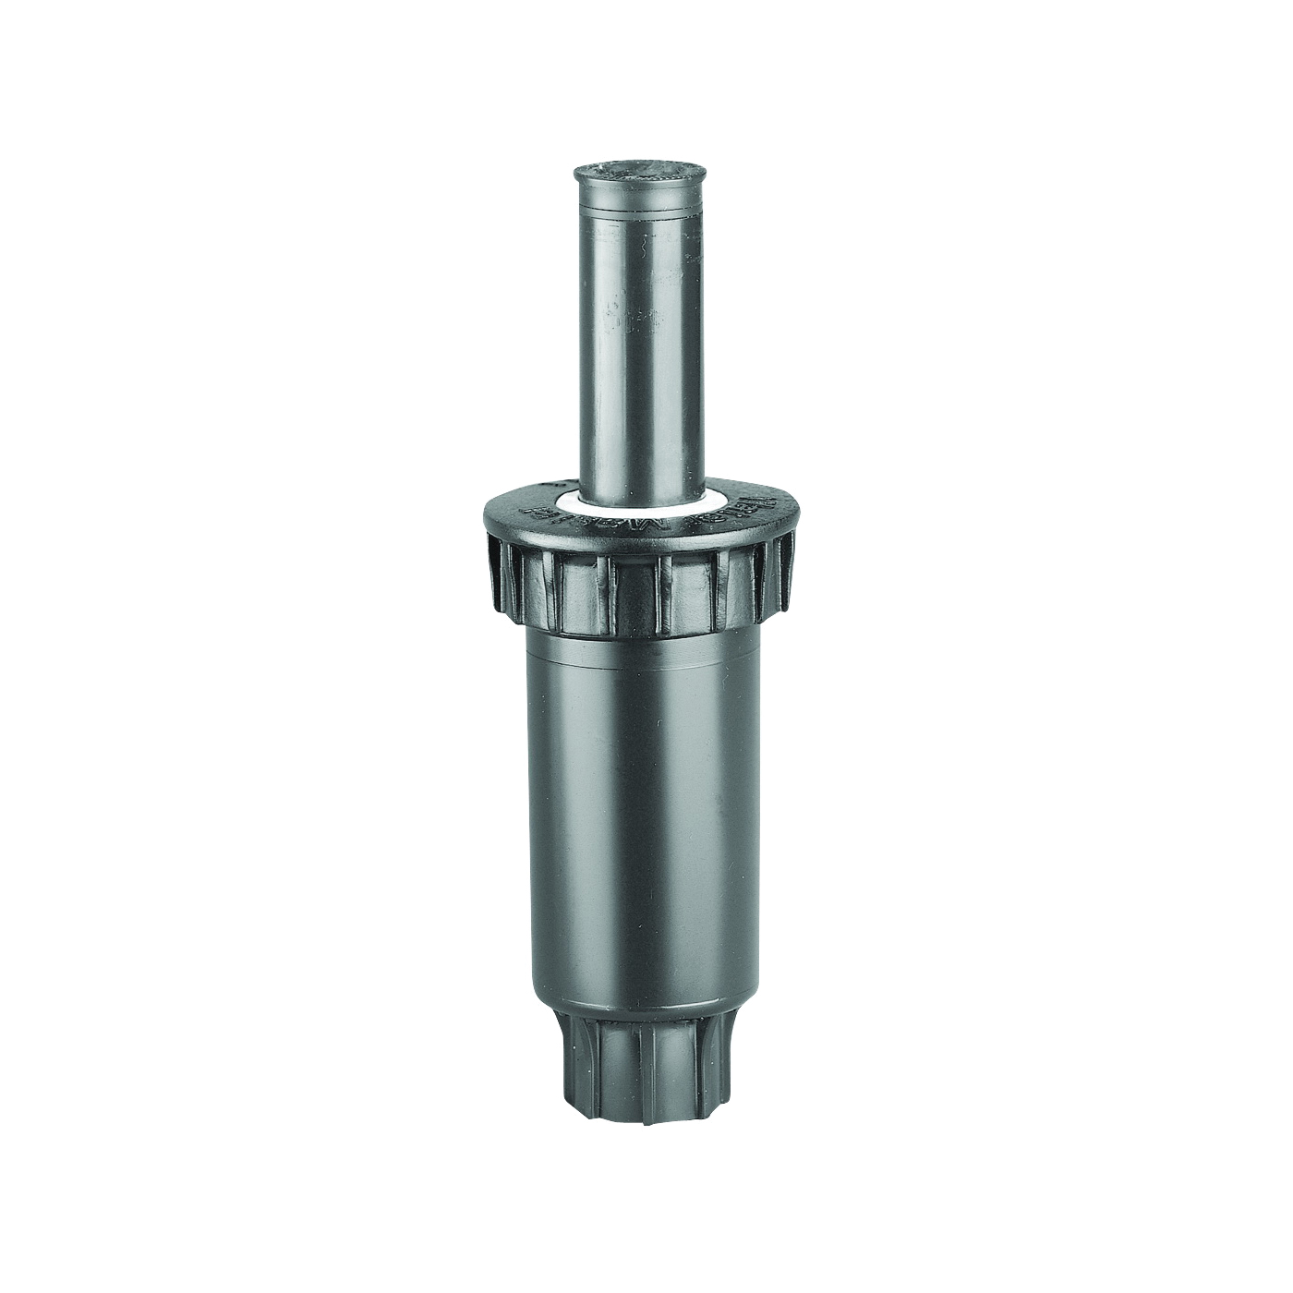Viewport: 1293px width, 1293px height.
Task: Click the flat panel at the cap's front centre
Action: (x=643, y=591)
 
